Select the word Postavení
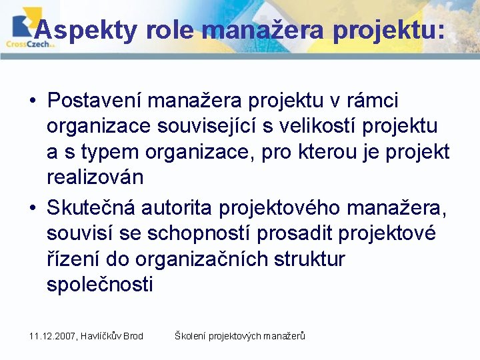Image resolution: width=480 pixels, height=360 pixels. pyautogui.click(x=94, y=101)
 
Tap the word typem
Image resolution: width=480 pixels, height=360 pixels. pyautogui.click(x=109, y=152)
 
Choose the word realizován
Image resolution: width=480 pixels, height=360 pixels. pyautogui.click(x=95, y=177)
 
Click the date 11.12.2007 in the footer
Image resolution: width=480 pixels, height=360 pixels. pyautogui.click(x=53, y=336)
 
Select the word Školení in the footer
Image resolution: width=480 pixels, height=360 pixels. pyautogui.click(x=190, y=336)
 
